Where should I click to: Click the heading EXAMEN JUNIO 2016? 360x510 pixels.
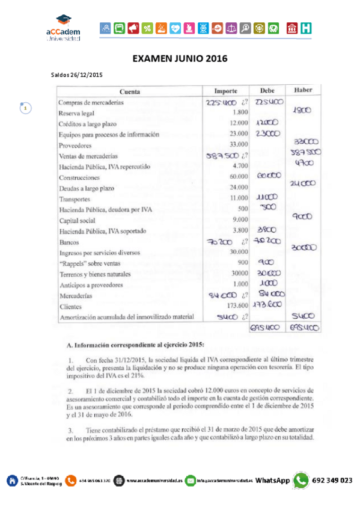click(x=180, y=58)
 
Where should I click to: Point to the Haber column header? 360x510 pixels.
click(x=302, y=90)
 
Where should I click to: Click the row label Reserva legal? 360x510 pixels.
click(x=78, y=113)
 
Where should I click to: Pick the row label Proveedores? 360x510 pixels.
click(x=75, y=146)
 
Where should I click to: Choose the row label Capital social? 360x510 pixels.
click(x=78, y=221)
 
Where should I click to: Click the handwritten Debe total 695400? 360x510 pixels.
click(x=266, y=328)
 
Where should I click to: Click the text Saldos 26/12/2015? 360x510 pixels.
click(x=78, y=75)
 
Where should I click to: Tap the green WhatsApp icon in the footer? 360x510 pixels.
click(x=301, y=480)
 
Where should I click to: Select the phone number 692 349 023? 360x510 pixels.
click(x=332, y=481)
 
